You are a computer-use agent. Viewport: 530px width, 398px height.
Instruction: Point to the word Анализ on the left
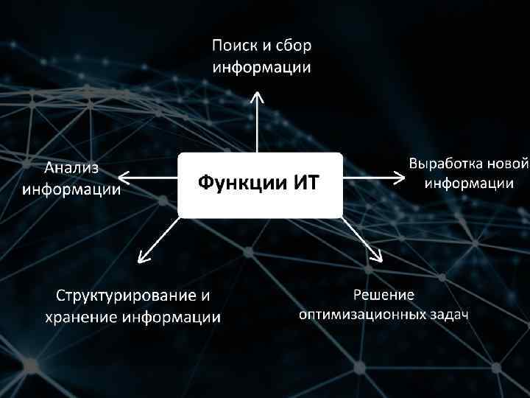pyautogui.click(x=72, y=169)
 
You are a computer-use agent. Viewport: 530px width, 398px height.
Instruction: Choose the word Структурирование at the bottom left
pyautogui.click(x=121, y=296)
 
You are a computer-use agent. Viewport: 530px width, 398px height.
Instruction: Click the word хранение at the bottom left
pyautogui.click(x=81, y=318)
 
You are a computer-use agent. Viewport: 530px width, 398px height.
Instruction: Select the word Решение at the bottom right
pyautogui.click(x=384, y=295)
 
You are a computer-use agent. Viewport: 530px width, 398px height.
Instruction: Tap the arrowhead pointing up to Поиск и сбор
pyautogui.click(x=256, y=97)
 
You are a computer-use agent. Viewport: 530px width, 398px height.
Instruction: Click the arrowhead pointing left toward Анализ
pyautogui.click(x=122, y=177)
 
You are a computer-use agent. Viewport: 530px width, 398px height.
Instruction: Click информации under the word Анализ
pyautogui.click(x=72, y=189)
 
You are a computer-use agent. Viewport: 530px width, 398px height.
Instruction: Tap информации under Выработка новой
pyautogui.click(x=469, y=183)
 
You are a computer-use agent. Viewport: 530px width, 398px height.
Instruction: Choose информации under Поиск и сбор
pyautogui.click(x=261, y=68)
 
